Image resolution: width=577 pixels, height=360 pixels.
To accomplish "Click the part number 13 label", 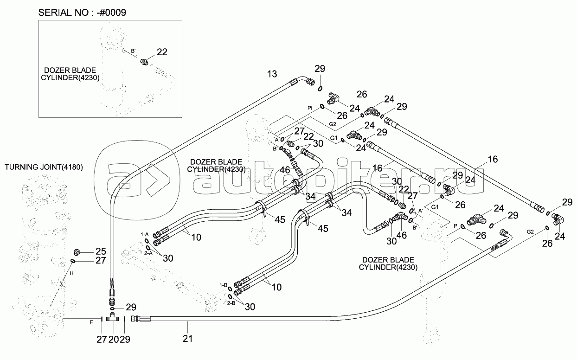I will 272,74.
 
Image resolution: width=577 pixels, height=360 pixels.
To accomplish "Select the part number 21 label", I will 187,339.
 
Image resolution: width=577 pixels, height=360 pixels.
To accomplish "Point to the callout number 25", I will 101,251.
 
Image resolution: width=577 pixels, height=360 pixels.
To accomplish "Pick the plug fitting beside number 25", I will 77,252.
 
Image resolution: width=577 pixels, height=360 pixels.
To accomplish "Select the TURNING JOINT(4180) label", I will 44,167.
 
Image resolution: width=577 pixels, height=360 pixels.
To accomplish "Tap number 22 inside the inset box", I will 162,52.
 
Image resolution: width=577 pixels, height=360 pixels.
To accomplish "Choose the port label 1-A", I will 145,235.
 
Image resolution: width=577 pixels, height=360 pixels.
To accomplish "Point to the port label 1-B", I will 223,284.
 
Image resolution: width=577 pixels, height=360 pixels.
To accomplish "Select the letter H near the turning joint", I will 71,274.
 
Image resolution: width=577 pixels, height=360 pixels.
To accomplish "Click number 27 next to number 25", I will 101,261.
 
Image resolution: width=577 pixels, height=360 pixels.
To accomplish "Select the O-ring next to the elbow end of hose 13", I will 320,89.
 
